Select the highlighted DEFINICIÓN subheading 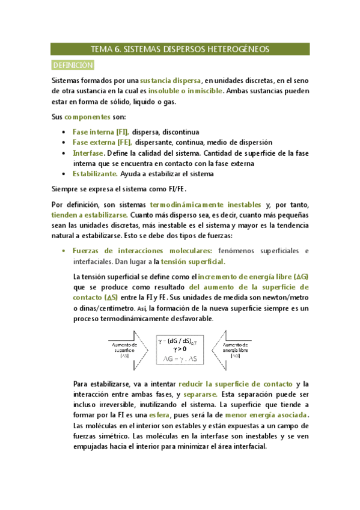click(72, 64)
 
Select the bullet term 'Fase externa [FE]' click(102, 142)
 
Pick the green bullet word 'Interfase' click(88, 153)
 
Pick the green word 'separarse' click(202, 394)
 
